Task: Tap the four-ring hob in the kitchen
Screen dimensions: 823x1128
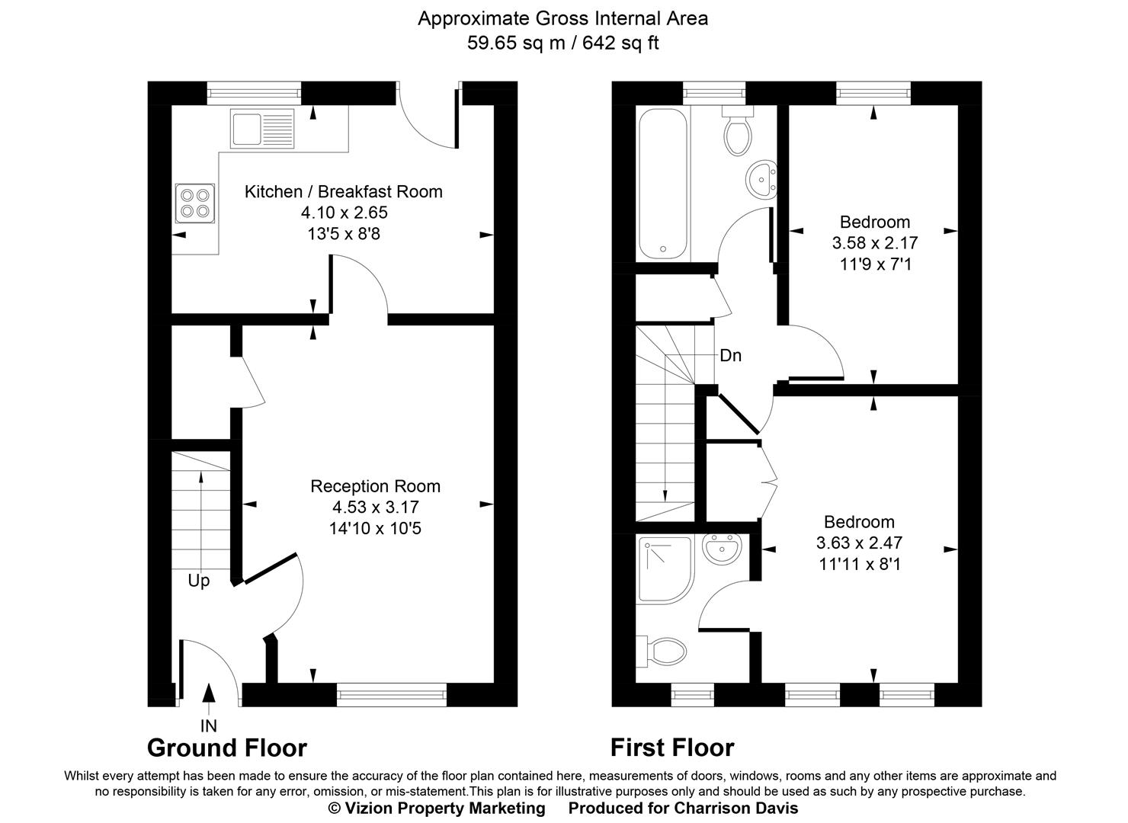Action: (x=194, y=203)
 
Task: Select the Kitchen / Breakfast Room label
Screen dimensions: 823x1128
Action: (x=343, y=191)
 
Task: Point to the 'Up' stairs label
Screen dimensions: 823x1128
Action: (x=198, y=581)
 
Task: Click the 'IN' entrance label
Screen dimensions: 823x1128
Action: (x=208, y=726)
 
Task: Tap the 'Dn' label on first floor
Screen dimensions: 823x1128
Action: (x=730, y=355)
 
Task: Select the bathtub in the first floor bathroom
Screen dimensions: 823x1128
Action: (x=662, y=183)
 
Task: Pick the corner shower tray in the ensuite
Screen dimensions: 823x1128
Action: (x=665, y=568)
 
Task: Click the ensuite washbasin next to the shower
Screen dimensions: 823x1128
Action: (x=721, y=549)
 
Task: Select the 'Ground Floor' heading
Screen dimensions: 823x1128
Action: (x=226, y=748)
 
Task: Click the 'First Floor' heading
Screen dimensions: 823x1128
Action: (x=671, y=748)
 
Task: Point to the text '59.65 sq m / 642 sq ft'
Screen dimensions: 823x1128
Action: (x=562, y=43)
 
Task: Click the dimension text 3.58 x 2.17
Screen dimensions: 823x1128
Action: (x=874, y=243)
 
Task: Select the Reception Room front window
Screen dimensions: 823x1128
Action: (x=391, y=693)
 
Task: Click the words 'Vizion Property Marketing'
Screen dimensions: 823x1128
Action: (x=444, y=808)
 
